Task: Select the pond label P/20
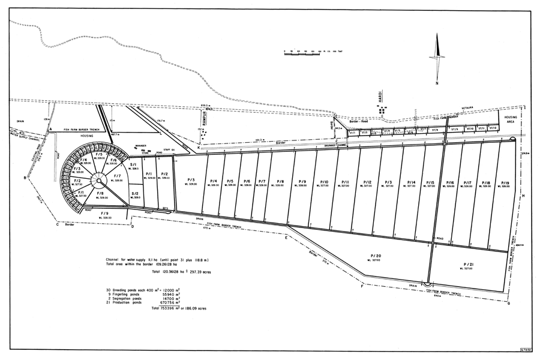(x=376, y=256)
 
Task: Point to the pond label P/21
(x=469, y=264)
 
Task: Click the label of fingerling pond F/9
(x=104, y=213)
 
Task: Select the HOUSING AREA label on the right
(x=511, y=119)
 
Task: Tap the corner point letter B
(x=25, y=178)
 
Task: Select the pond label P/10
(x=324, y=182)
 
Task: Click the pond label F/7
(x=118, y=176)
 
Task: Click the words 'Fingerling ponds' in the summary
(x=127, y=294)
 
